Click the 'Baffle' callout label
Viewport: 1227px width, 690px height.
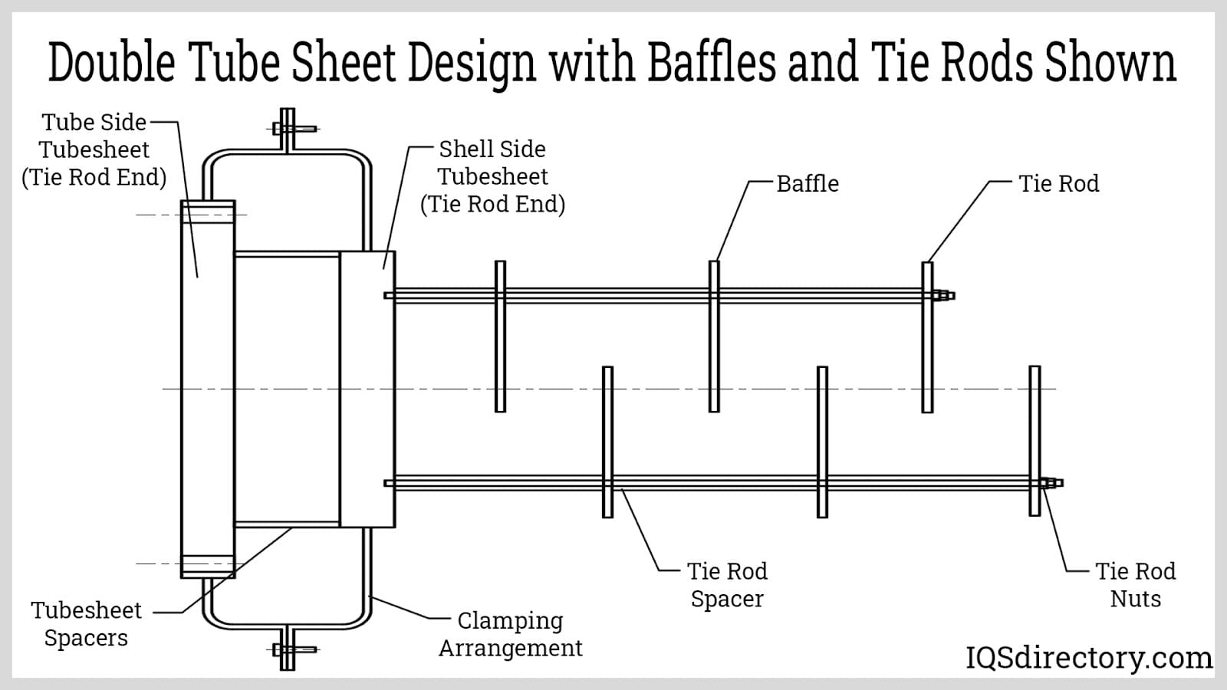tap(807, 184)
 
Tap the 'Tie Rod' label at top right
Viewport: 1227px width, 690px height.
tap(1058, 184)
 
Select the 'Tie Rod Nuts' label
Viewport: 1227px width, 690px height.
tap(1135, 585)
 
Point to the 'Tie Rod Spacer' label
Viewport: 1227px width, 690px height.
tap(727, 585)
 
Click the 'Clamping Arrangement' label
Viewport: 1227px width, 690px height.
tap(511, 634)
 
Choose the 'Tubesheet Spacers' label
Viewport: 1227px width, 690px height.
tap(86, 624)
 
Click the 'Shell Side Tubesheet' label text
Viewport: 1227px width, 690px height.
tap(492, 176)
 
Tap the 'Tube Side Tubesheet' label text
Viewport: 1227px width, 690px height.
tap(94, 149)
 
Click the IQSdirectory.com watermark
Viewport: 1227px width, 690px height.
tap(1088, 658)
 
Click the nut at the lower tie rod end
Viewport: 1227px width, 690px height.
tap(1050, 483)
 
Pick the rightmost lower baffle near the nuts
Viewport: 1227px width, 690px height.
tap(1035, 441)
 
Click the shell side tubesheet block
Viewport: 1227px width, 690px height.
tap(367, 389)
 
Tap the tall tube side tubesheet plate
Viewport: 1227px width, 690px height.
tap(207, 389)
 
